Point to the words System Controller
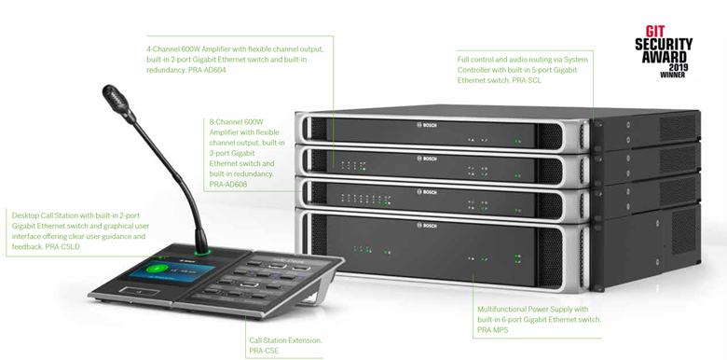point(563,60)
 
